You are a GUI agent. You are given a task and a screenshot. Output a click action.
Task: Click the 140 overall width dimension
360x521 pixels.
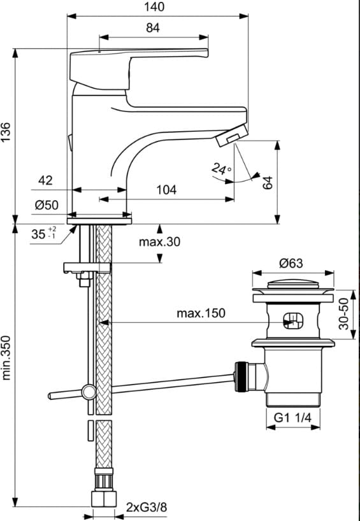click(x=154, y=7)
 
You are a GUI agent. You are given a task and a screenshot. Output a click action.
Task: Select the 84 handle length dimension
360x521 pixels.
click(x=153, y=28)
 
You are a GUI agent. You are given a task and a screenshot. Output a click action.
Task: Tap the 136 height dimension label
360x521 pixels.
click(x=6, y=132)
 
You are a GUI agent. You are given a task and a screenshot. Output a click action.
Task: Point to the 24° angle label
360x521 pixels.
click(x=221, y=169)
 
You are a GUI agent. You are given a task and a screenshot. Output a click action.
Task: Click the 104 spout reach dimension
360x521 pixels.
click(x=166, y=190)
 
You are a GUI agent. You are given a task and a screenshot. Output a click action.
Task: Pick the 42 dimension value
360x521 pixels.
click(x=45, y=180)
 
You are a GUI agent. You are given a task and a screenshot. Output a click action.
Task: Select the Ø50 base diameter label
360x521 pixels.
click(x=47, y=205)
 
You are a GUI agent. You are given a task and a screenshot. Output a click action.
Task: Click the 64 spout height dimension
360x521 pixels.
click(x=268, y=183)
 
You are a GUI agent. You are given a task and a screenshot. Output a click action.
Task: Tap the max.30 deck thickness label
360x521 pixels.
click(x=159, y=241)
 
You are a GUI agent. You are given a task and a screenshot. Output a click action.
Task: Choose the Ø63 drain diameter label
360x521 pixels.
click(x=291, y=264)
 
